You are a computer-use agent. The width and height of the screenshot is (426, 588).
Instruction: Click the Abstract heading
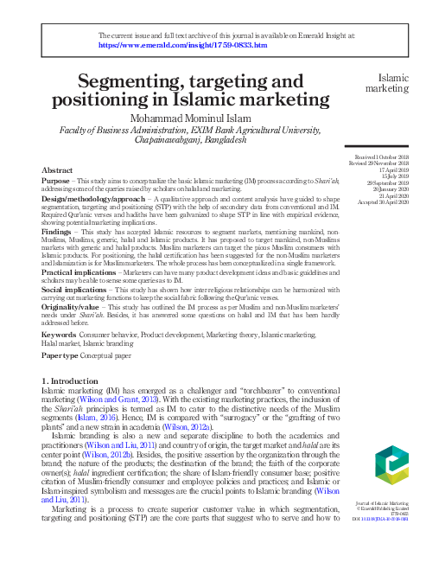(57, 172)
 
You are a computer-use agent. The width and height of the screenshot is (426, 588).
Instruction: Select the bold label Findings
(56, 233)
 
